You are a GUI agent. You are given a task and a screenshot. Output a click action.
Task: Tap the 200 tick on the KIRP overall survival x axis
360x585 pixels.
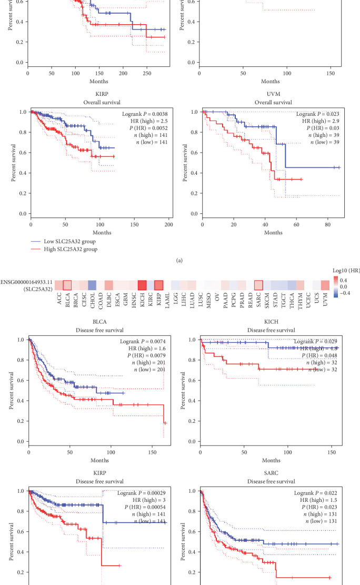(x=168, y=224)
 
